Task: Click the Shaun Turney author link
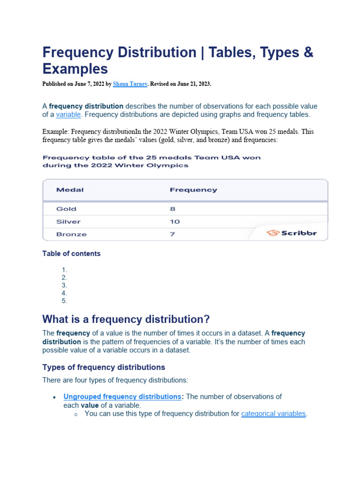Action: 130,84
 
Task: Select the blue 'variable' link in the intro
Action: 69,114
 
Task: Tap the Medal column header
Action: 70,190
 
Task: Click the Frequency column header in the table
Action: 193,190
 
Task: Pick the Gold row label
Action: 66,209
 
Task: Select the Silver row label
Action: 68,222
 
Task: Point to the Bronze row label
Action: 71,234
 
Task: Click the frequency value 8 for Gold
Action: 172,209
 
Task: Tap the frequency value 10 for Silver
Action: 174,222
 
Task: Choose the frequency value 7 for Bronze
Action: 172,234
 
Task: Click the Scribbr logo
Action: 291,233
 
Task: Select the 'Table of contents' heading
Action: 71,254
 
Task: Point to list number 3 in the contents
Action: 64,285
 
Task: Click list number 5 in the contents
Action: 64,301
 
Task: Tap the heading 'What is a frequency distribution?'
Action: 126,319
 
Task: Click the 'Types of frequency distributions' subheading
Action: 104,367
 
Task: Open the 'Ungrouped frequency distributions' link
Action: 122,397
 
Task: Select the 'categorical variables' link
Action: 273,413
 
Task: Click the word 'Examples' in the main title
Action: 75,69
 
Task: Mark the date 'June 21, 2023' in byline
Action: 191,84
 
